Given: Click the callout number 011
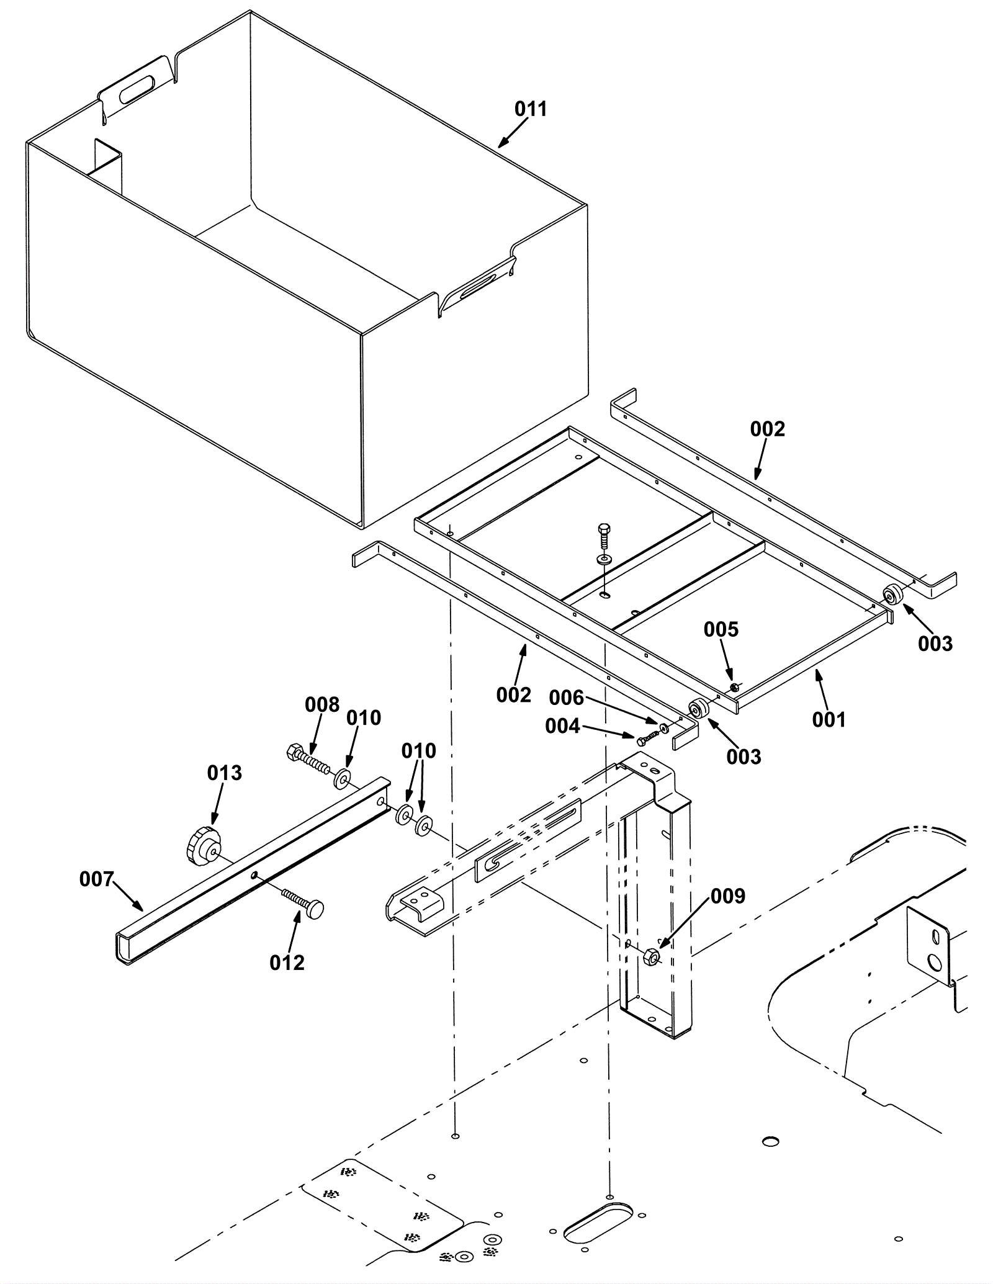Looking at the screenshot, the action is (x=531, y=109).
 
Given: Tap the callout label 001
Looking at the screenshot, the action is (x=829, y=720).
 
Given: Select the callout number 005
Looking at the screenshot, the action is (x=721, y=629).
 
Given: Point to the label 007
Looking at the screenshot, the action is (x=96, y=879).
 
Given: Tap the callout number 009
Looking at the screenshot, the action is (x=727, y=896).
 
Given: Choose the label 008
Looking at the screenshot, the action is (x=322, y=705).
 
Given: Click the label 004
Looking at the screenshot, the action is (x=562, y=726).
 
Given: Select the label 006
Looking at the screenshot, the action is (x=567, y=698).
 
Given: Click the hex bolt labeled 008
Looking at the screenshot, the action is (x=308, y=760).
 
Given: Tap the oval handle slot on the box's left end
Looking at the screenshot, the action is (x=138, y=89).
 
